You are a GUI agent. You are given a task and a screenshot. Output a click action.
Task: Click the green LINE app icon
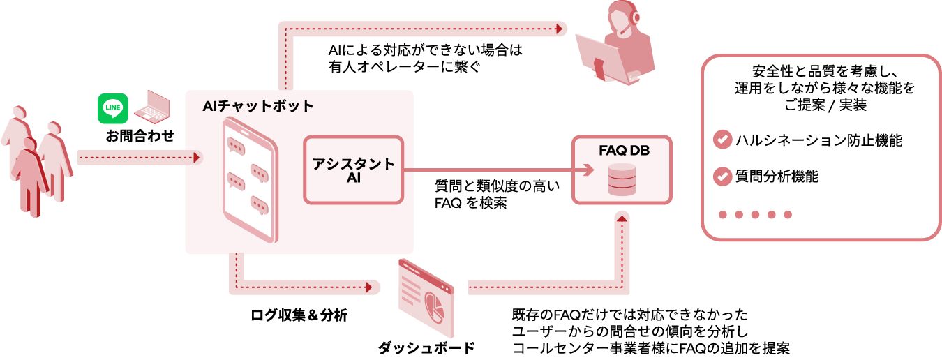tap(113, 109)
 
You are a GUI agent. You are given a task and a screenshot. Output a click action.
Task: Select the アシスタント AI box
tap(353, 170)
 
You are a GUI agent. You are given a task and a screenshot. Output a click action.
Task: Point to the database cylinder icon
tap(621, 180)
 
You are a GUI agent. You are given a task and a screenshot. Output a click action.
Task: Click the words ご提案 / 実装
tap(821, 105)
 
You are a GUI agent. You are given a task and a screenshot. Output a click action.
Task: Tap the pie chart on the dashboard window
tap(435, 305)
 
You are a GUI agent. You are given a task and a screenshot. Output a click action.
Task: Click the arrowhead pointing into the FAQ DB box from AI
tap(588, 170)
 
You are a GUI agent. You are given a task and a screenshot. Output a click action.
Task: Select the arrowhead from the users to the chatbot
tap(197, 158)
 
